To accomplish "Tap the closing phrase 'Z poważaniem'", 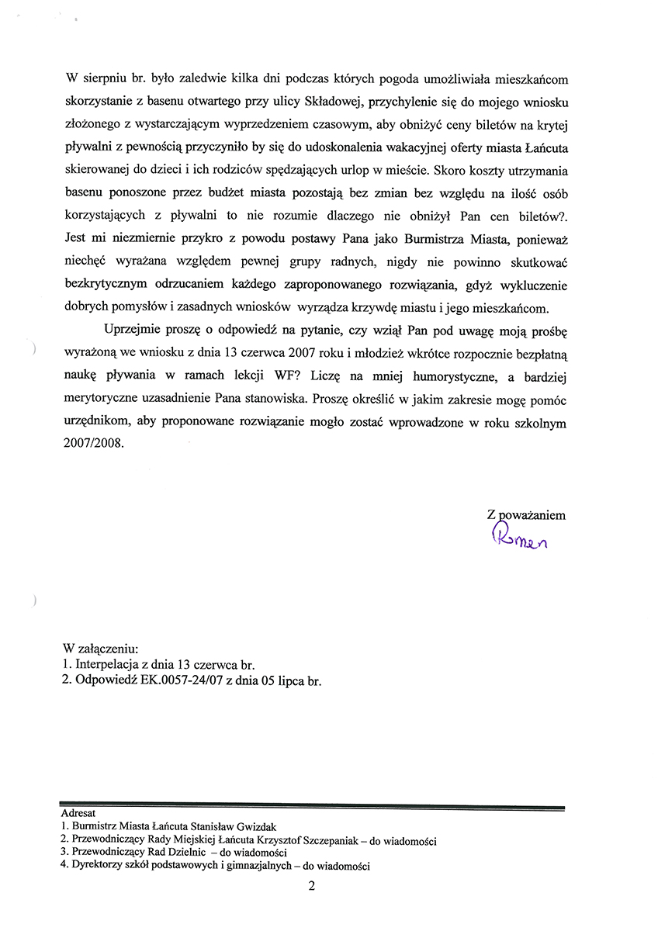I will click(x=525, y=514).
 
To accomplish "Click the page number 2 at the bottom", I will click(x=311, y=889).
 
